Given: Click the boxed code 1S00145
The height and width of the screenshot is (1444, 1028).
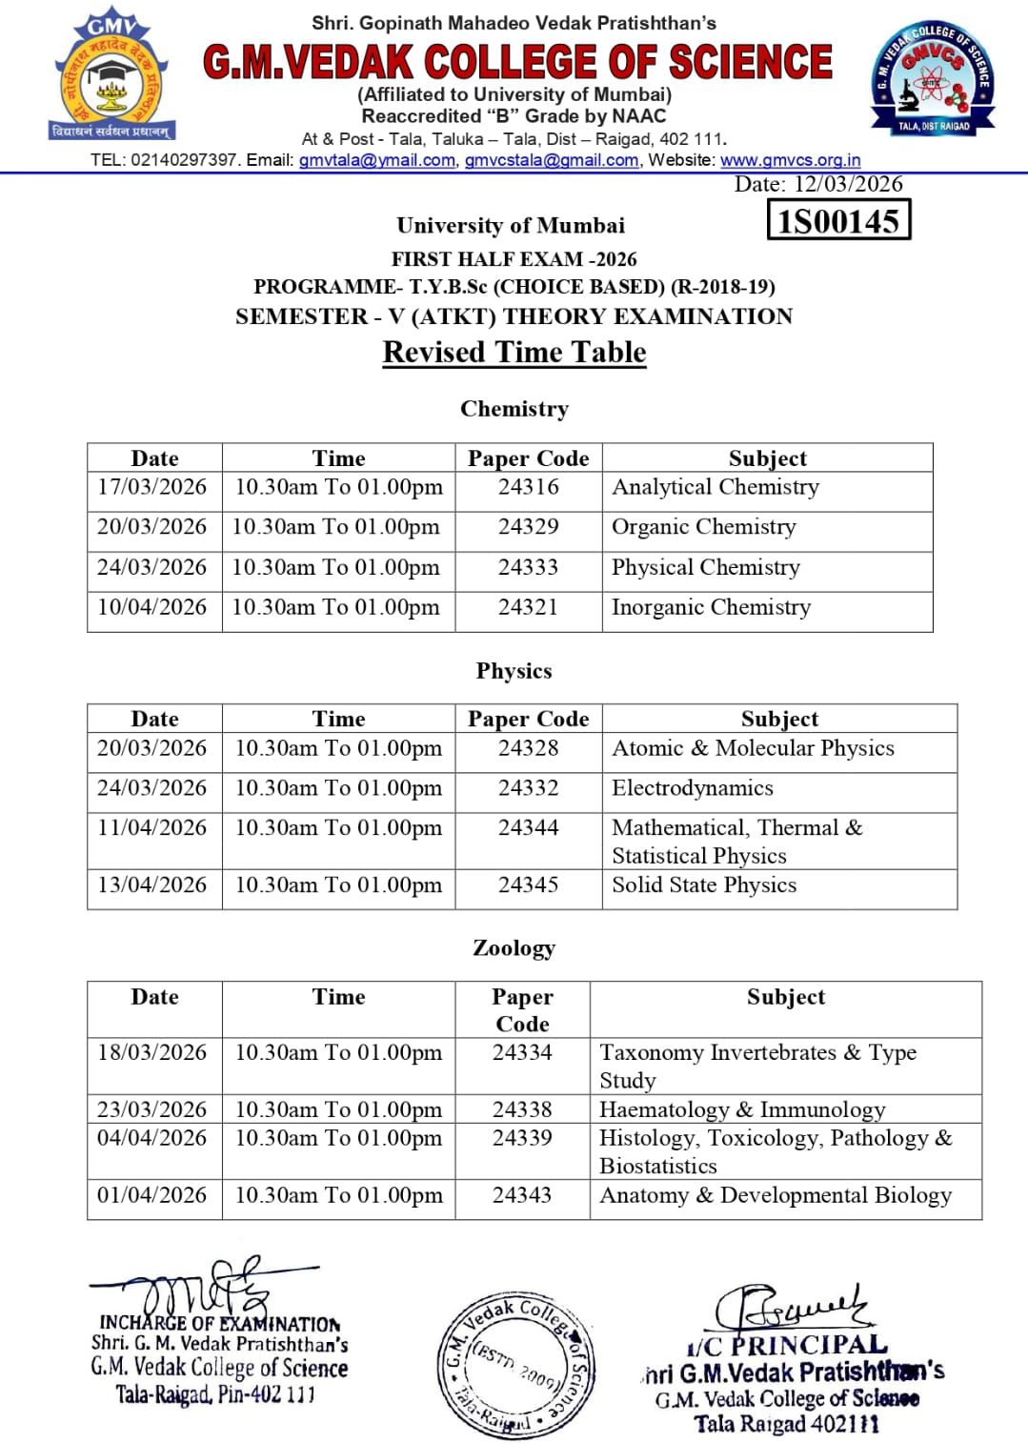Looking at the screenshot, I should (x=838, y=220).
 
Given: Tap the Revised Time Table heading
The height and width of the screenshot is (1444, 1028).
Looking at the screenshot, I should (x=514, y=352).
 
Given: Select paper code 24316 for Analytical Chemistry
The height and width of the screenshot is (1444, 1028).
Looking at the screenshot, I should (x=528, y=487).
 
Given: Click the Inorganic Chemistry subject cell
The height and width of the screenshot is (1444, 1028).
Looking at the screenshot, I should (x=711, y=607).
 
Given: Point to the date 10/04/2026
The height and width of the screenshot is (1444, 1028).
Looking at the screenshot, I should (x=152, y=607).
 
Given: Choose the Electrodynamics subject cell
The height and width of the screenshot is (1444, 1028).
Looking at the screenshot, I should (x=693, y=788).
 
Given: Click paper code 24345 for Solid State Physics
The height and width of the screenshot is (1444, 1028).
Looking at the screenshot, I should (x=528, y=885).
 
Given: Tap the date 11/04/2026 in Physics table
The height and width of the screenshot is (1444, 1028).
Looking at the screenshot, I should (x=152, y=827).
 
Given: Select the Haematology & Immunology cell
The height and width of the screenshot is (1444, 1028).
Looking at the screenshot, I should (x=742, y=1109).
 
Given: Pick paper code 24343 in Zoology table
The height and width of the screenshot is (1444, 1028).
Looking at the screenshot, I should (x=522, y=1195).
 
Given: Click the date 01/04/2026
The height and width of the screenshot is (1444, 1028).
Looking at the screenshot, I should (x=152, y=1195).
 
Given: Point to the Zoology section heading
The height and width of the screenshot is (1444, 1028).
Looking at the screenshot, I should (x=514, y=947).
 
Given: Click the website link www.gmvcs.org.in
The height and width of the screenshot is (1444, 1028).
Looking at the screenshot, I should (x=790, y=160).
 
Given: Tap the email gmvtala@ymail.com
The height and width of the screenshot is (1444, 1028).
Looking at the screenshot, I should (x=377, y=160).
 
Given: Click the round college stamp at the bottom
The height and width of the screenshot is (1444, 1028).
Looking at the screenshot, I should (x=517, y=1364).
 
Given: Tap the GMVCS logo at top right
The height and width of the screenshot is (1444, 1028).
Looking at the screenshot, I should (x=933, y=78).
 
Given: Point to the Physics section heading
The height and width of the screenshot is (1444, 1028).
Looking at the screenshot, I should (x=514, y=671).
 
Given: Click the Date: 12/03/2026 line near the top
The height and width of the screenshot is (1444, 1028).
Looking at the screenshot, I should (x=818, y=184).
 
